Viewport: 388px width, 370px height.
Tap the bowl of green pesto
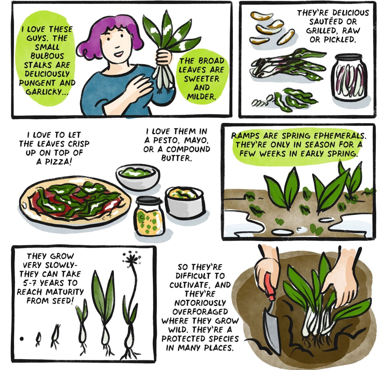click(137, 176)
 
